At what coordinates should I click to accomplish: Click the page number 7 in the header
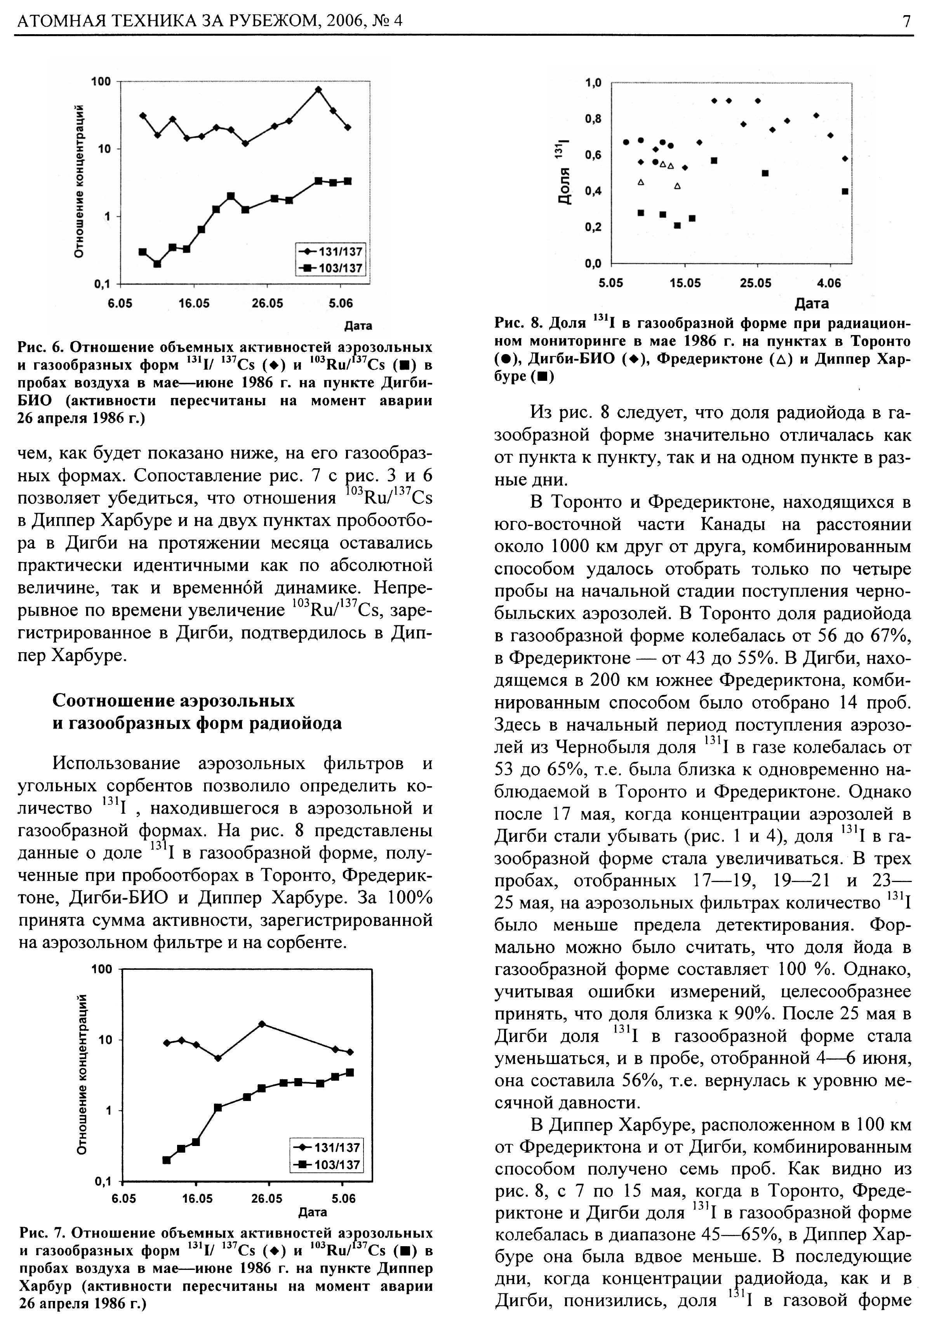point(907,21)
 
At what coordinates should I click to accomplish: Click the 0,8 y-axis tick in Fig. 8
point(593,119)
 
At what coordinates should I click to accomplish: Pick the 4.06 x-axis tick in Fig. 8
point(829,283)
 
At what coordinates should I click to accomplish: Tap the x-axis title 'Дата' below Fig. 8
point(811,304)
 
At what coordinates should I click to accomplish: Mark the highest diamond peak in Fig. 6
point(318,89)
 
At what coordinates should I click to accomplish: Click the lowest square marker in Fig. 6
point(157,264)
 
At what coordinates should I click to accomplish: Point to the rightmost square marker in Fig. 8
point(845,191)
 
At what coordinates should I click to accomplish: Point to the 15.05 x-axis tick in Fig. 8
point(685,283)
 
